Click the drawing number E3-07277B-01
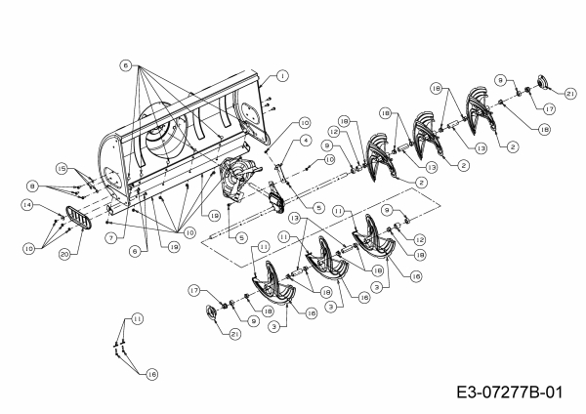pos(509,393)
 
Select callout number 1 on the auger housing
pos(281,75)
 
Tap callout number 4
pos(306,141)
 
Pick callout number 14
pos(27,205)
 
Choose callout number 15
pos(60,168)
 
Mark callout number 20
pos(65,255)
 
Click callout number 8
pos(32,185)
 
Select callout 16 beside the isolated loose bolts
pos(152,373)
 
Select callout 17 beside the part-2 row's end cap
pos(550,109)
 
